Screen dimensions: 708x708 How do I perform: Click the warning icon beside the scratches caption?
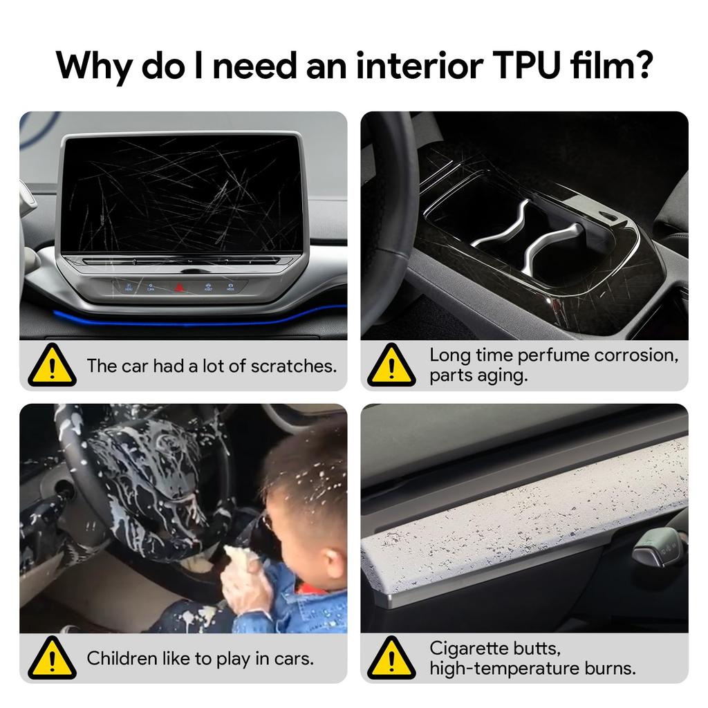pos(52,365)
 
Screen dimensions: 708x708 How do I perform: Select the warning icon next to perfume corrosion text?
pos(391,365)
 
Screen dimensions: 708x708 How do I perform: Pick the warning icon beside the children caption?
pos(52,658)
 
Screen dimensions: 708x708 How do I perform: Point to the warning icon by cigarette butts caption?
pos(391,658)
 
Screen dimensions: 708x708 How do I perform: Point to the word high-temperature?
pos(507,669)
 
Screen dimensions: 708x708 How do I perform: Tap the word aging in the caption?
pos(506,376)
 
